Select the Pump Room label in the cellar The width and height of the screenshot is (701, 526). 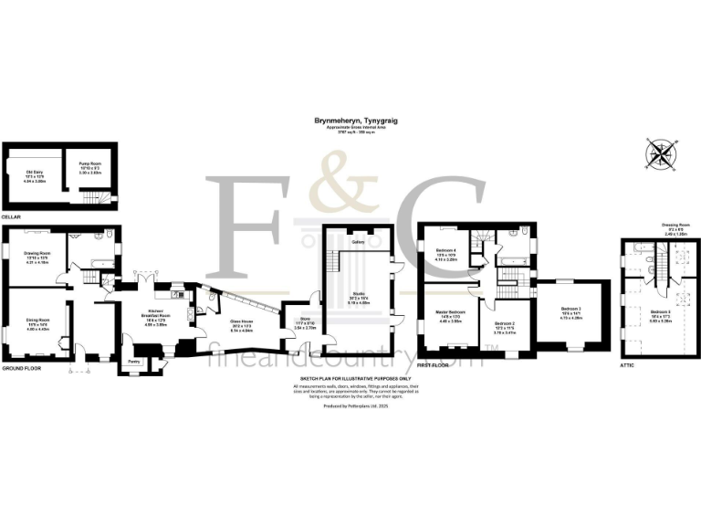[88, 164]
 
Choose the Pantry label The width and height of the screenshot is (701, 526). [133, 362]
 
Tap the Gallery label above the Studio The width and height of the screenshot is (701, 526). [359, 242]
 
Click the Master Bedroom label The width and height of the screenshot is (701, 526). [452, 313]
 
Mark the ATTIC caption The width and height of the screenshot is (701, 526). [626, 364]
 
